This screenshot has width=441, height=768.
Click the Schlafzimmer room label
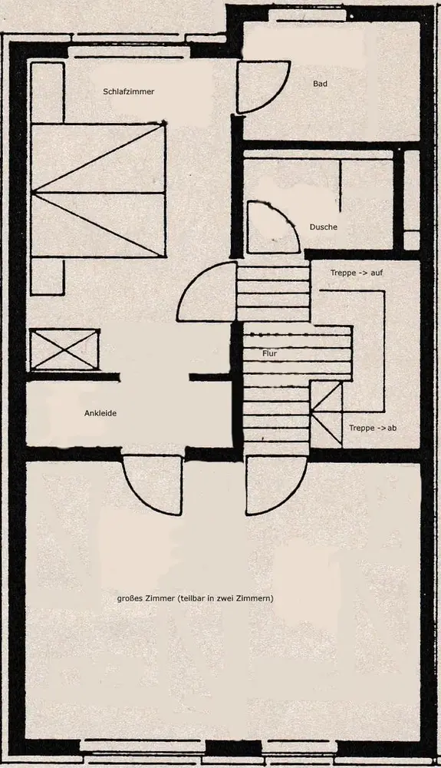[129, 91]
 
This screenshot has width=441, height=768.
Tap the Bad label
[321, 84]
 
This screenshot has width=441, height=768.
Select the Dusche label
[323, 227]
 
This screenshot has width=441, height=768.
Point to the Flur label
[269, 353]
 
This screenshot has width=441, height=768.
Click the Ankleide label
[100, 413]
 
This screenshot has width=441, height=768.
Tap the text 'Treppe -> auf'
[357, 273]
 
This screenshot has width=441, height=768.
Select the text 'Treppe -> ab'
[373, 428]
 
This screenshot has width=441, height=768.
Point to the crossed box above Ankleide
[64, 349]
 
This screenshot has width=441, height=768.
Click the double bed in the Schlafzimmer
[98, 190]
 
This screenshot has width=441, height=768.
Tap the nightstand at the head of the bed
[48, 92]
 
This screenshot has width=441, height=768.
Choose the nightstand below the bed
[48, 276]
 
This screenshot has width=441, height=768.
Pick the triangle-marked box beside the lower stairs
[327, 415]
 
